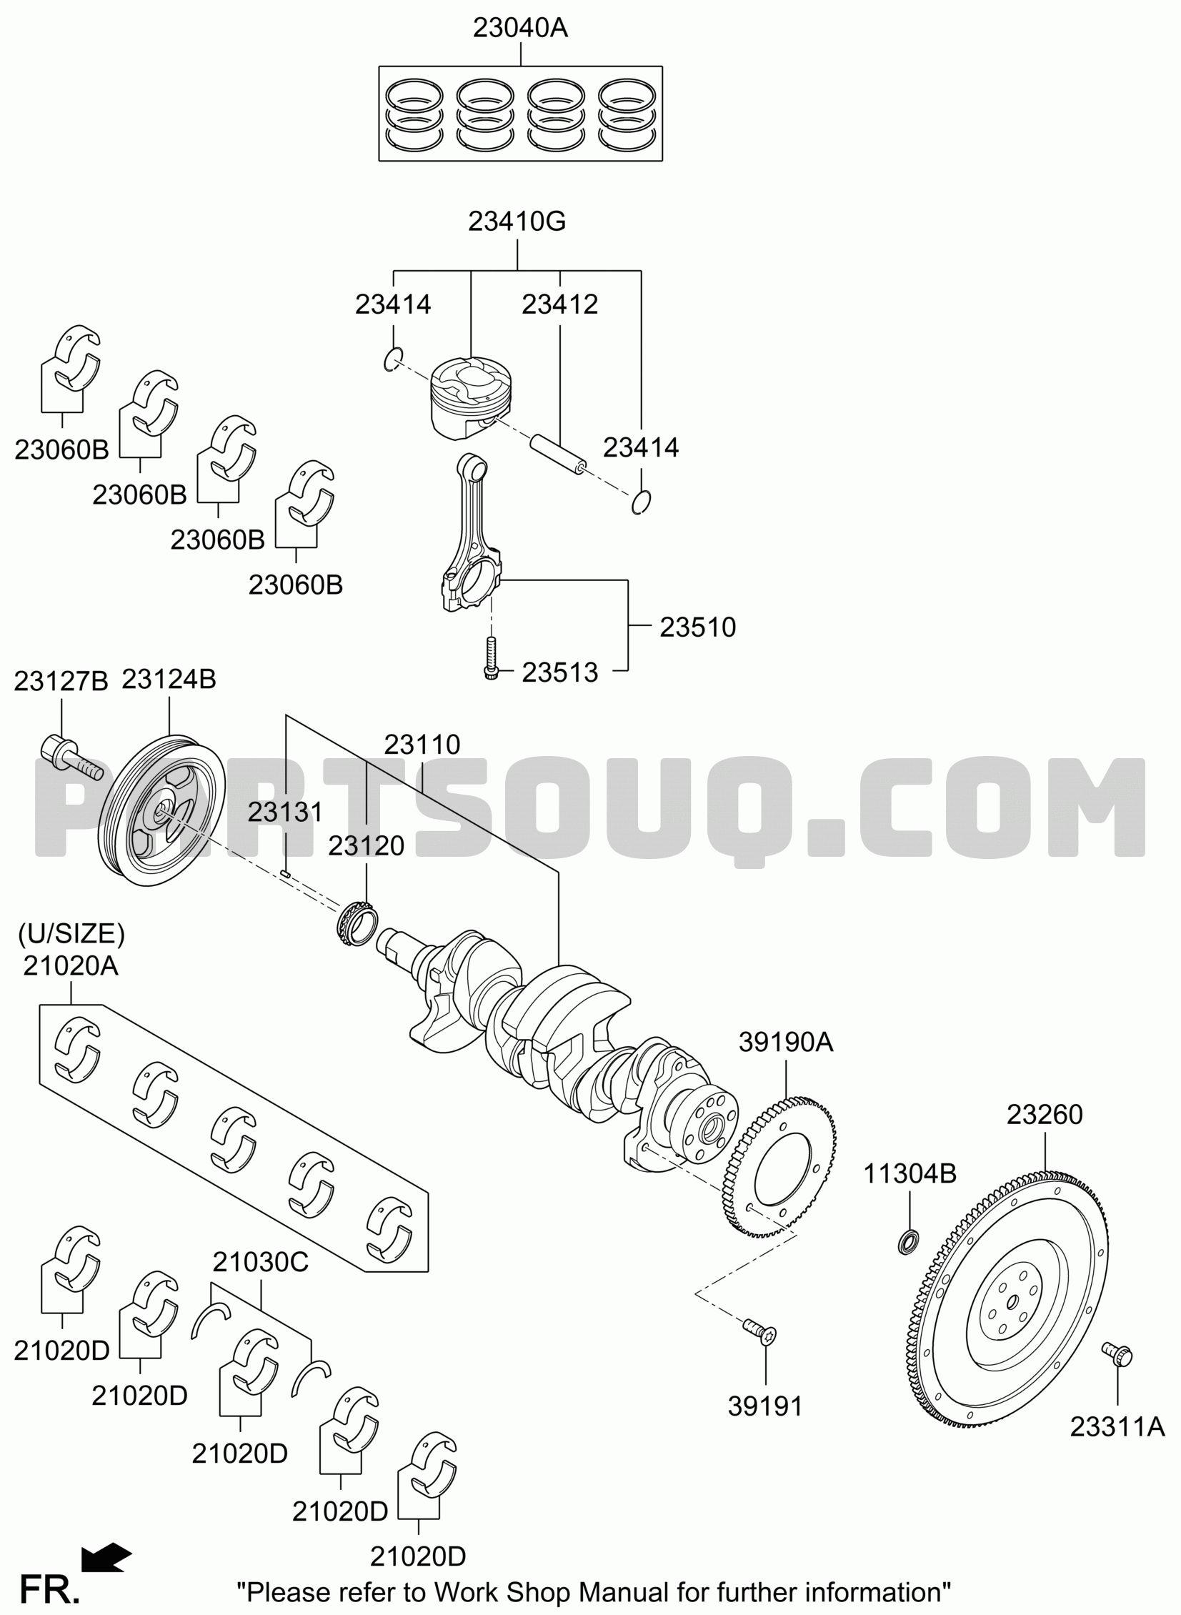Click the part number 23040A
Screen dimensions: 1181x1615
pos(519,28)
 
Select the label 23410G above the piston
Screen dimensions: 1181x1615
pos(517,222)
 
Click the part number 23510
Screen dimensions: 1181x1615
pos(697,627)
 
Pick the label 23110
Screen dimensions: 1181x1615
pos(422,744)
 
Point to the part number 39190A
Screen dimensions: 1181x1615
pos(786,1043)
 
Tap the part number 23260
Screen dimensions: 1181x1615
pos(1045,1114)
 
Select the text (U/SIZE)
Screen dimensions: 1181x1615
pos(71,934)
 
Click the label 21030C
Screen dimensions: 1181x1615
pos(260,1262)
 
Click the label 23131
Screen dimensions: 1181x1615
pos(285,813)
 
